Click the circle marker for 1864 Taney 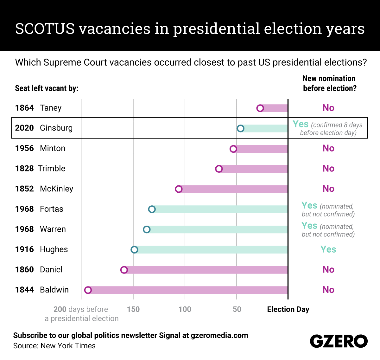coord(260,108)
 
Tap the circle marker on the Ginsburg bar coord(240,128)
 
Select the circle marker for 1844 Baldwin coord(88,290)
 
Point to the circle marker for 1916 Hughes coord(134,250)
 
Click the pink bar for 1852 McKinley coord(234,189)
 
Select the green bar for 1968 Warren coord(218,229)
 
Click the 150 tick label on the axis coord(133,309)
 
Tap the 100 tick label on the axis coord(185,309)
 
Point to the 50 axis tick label coord(237,309)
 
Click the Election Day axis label coord(288,309)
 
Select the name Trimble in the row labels coord(52,169)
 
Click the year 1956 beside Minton coord(24,148)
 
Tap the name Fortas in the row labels coord(52,209)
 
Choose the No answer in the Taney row coord(328,108)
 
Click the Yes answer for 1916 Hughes coord(328,250)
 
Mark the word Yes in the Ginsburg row coord(301,124)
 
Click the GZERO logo coord(339,341)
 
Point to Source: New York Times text coord(54,346)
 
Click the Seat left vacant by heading coord(47,88)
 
